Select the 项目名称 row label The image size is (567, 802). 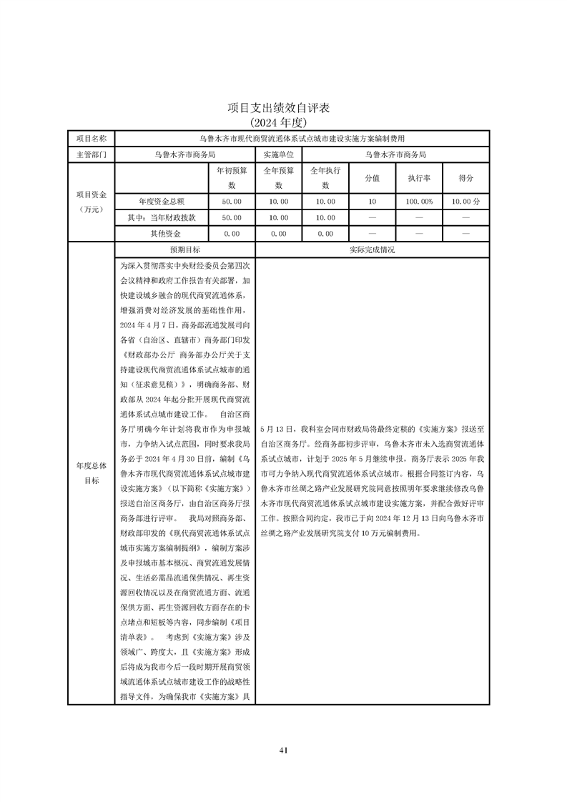pos(91,138)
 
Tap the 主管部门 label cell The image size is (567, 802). pos(91,154)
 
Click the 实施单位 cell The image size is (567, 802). pos(278,154)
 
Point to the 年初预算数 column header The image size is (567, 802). pos(231,178)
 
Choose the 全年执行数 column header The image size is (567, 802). pos(325,178)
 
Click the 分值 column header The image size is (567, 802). pos(372,178)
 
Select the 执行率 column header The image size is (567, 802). pos(418,178)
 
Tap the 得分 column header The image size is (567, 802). pos(465,178)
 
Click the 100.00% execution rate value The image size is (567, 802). pos(418,202)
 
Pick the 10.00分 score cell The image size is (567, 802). pos(465,202)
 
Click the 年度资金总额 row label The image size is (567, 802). pos(162,202)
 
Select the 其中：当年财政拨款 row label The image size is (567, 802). pos(162,217)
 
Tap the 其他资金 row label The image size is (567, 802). pos(162,234)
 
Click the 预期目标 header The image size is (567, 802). pos(184,250)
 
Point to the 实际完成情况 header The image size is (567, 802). pos(372,250)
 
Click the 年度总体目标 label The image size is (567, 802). pos(91,472)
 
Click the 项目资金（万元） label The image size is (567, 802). pos(91,202)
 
